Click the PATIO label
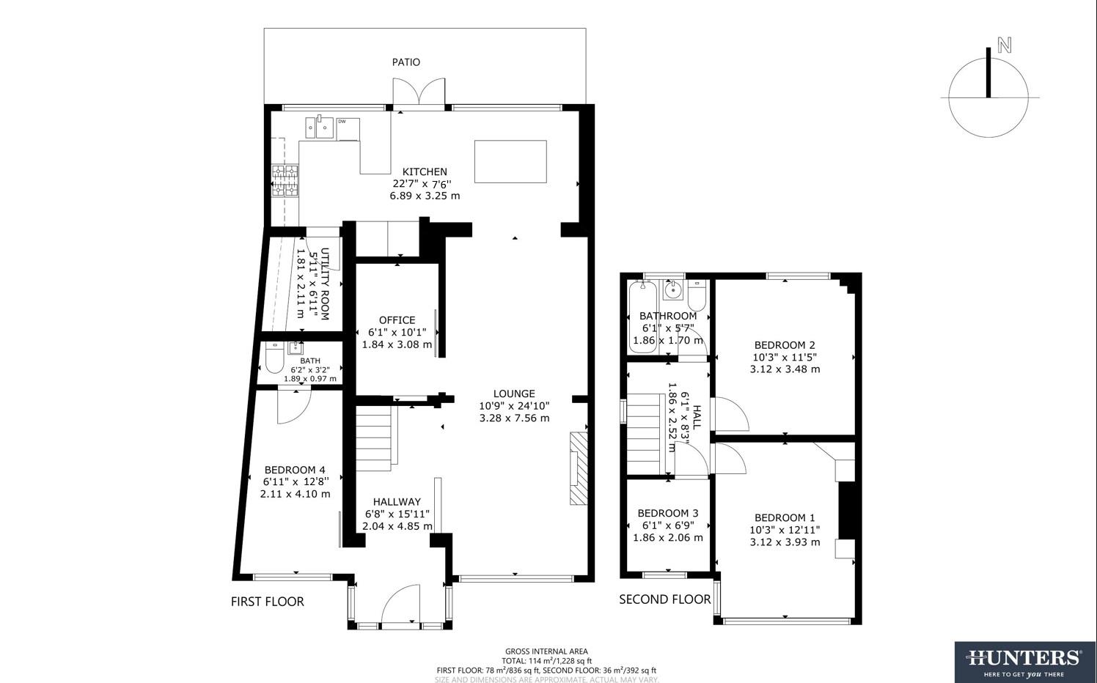(x=406, y=62)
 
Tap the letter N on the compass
(x=1004, y=45)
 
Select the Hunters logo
(x=1024, y=662)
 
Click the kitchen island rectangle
(x=510, y=161)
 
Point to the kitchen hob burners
(x=285, y=181)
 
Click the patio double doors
(x=419, y=93)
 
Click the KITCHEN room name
(x=425, y=172)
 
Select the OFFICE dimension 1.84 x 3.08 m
(x=397, y=344)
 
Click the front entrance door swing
(x=400, y=603)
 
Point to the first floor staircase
(x=375, y=440)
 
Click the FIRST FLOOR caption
(x=267, y=602)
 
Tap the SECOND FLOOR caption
(x=664, y=599)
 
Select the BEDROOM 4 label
(x=295, y=470)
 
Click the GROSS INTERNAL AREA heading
(x=546, y=651)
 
